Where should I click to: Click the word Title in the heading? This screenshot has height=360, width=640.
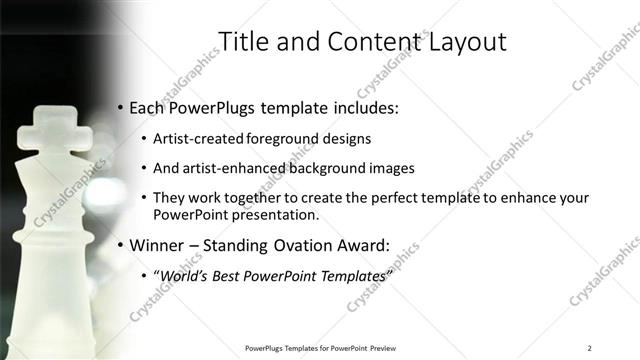244,42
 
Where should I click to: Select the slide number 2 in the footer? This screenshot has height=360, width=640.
590,347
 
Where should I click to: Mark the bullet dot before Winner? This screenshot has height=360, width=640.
120,245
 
